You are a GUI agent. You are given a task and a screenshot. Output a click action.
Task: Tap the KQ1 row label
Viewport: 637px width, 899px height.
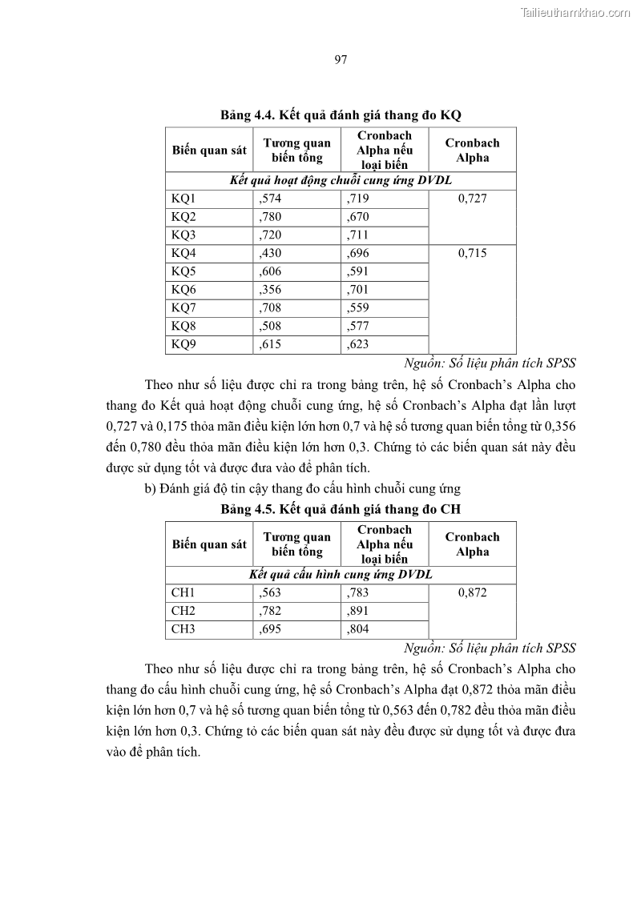(183, 199)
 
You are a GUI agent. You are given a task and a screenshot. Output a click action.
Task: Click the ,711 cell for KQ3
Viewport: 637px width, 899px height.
(358, 235)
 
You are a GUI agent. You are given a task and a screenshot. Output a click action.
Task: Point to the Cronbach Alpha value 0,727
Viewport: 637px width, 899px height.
(473, 199)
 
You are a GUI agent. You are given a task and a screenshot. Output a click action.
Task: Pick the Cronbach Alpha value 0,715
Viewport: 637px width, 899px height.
(473, 254)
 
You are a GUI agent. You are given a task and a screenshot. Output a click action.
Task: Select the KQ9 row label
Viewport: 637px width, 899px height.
(183, 345)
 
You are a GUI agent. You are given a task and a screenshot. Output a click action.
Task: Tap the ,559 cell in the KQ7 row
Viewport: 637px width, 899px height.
(358, 308)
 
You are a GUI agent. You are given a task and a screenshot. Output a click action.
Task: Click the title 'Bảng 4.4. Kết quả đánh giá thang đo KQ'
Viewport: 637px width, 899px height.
(341, 115)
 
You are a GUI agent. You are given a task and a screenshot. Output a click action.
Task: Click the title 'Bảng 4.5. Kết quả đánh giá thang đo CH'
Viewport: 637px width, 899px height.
(341, 509)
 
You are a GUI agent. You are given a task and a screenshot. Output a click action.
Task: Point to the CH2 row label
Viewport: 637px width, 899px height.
(183, 611)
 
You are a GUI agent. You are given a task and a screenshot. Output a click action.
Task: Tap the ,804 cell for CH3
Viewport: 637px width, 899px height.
(358, 629)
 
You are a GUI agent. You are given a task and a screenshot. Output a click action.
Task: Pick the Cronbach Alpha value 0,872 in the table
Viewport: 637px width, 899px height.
(473, 592)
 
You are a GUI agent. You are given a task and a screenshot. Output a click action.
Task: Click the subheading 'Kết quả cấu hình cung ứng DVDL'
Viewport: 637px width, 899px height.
(341, 575)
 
